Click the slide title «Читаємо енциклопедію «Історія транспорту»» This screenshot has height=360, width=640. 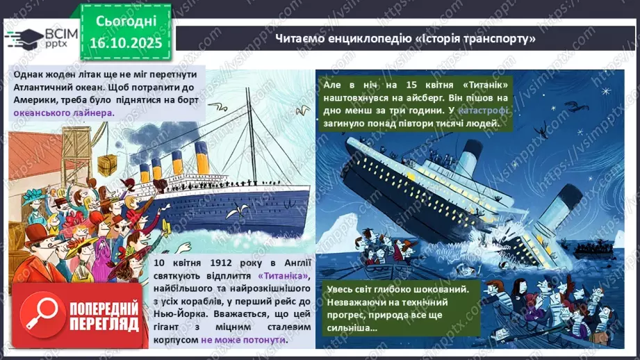406,39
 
